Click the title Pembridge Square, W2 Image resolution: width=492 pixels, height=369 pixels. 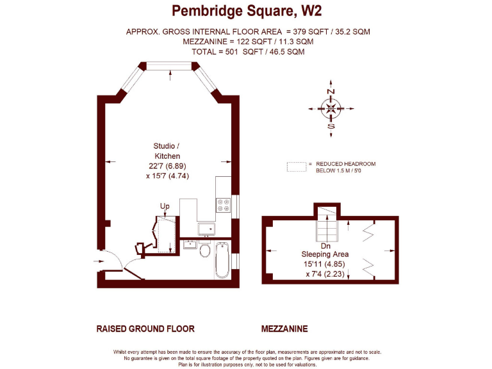pos(247,11)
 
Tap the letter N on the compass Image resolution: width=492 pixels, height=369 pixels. pos(331,92)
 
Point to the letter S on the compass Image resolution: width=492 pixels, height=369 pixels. pos(331,126)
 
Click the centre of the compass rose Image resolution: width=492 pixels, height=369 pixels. pos(331,109)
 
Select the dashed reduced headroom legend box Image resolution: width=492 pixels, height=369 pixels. pos(296,167)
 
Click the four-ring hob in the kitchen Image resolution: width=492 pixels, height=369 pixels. pos(224,205)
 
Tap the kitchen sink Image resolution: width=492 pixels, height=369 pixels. pos(207,228)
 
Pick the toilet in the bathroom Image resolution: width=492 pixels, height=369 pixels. pos(205,249)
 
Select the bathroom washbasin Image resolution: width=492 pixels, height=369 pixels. pos(190,243)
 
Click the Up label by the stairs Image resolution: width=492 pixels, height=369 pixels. pos(164,206)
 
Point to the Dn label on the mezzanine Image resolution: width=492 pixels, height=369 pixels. pos(325,246)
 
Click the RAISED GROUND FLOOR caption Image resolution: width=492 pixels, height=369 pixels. pos(145,329)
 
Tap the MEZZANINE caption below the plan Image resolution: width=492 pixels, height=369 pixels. pos(284,329)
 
